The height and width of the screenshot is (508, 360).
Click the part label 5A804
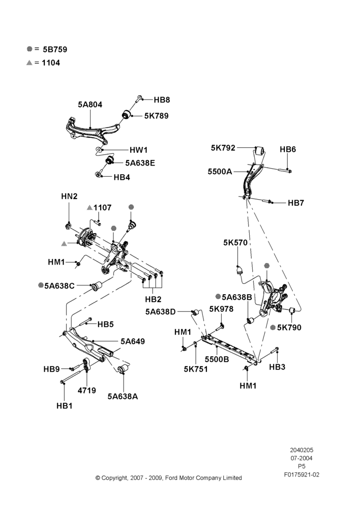tap(90, 104)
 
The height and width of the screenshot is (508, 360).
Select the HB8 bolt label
tap(162, 100)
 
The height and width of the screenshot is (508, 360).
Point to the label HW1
tap(138, 150)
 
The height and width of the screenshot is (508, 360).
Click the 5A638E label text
tap(140, 163)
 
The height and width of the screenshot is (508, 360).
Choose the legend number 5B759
tap(55, 50)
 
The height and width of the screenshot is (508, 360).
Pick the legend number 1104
tap(51, 63)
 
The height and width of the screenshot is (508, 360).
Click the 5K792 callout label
tap(223, 148)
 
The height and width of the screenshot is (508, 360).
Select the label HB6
tap(288, 149)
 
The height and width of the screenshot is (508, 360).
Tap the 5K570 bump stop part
tap(239, 270)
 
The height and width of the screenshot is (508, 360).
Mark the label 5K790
tap(289, 328)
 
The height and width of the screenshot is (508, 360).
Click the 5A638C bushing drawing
tap(97, 286)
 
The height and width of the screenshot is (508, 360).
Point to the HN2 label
tap(69, 196)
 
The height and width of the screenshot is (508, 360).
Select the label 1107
tap(103, 208)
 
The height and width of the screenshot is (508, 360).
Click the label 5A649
tap(133, 341)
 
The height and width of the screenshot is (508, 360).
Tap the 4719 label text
tap(86, 390)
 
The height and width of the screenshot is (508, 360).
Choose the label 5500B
tap(217, 359)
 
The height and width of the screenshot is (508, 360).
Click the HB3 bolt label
tap(277, 367)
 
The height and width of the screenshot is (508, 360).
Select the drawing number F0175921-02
tap(302, 474)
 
